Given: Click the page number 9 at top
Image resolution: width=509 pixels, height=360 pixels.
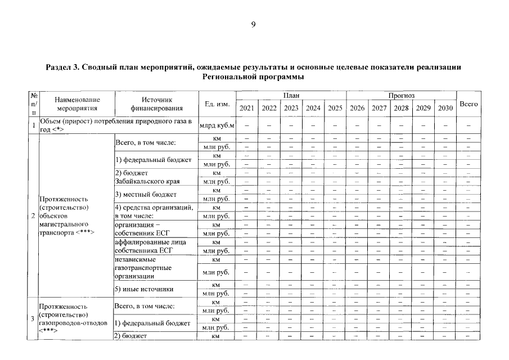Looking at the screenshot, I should coord(254,24).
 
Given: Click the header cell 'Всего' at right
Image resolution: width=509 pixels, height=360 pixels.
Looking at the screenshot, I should coord(469,104).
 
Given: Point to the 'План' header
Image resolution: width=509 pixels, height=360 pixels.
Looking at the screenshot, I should coord(291,96).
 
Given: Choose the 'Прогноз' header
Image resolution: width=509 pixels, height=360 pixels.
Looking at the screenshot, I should coord(401,96).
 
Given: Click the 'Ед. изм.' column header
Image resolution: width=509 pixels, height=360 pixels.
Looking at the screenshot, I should coord(217,104).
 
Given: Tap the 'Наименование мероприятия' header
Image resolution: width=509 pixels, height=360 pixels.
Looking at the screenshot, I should coord(78,104).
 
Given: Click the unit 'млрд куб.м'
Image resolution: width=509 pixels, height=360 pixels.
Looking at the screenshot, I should coord(217,125).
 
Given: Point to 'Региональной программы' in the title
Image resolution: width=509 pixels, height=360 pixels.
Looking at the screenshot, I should coord(254,76).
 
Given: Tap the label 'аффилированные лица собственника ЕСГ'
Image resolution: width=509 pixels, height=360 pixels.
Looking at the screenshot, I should coord(147,246).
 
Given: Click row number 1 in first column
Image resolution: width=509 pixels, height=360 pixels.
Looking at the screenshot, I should coord(34,125).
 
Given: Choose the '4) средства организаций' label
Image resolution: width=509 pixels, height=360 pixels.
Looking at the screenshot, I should coord(154,208).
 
